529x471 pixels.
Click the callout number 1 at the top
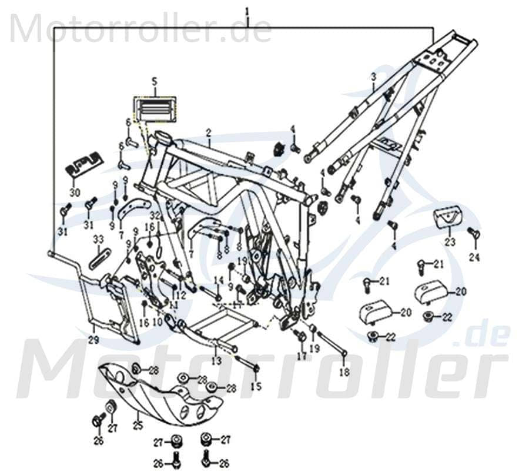(x=247, y=11)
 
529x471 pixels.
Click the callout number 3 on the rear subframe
(x=373, y=78)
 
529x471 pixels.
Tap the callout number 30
(x=74, y=193)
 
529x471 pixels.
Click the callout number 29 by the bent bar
(x=94, y=340)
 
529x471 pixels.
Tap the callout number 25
(x=138, y=423)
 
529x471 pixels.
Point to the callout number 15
(x=256, y=386)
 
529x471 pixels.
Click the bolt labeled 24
(x=474, y=235)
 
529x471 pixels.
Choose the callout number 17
(x=302, y=356)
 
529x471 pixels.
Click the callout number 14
(x=216, y=280)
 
